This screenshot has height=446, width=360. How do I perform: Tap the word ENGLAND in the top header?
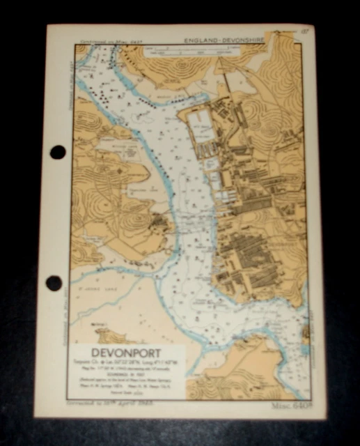coord(204,41)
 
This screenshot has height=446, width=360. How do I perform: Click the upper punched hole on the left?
coord(58,152)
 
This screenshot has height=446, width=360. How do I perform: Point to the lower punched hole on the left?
coord(54,283)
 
